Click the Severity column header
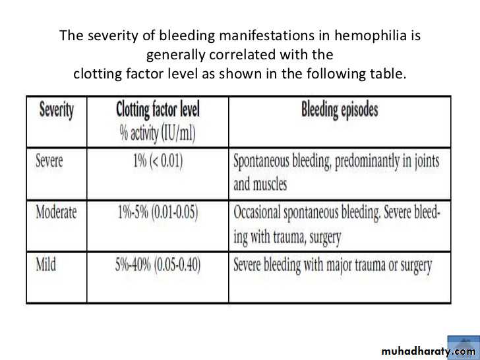point(56,111)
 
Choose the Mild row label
point(45,265)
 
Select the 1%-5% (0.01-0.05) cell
point(158,213)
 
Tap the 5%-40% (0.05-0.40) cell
point(158,265)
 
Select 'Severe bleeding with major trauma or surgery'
point(333,266)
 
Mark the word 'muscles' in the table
point(270,184)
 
